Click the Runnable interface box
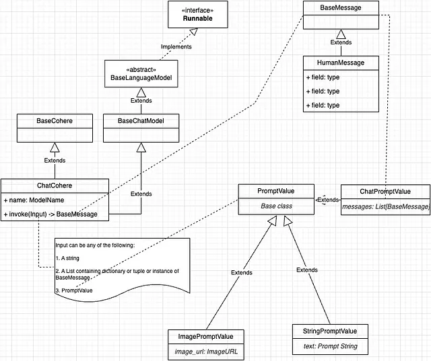(x=198, y=15)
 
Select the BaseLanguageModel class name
(x=141, y=77)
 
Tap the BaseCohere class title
(x=55, y=121)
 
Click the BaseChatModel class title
(x=141, y=121)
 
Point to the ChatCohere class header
(x=55, y=186)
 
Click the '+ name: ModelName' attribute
(x=34, y=200)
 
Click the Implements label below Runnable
(x=176, y=46)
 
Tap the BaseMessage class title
(x=341, y=7)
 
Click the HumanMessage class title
(x=341, y=63)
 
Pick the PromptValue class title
(x=276, y=191)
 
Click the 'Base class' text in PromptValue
(x=276, y=206)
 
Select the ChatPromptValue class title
(x=385, y=192)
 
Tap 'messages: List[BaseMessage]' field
(x=385, y=206)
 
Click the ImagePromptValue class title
(x=205, y=337)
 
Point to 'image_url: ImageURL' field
(x=206, y=352)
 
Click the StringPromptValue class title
(x=330, y=331)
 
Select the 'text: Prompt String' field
(x=331, y=346)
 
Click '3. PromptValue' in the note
(x=74, y=290)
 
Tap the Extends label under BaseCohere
(x=55, y=161)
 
